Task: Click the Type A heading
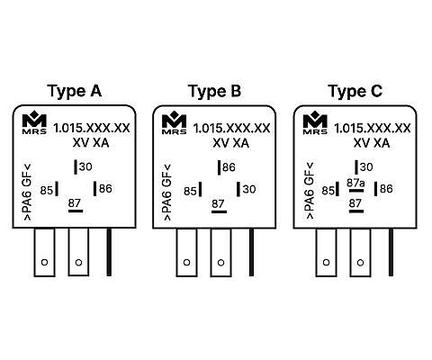pyautogui.click(x=75, y=91)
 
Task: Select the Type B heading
pyautogui.click(x=214, y=91)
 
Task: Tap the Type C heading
pyautogui.click(x=355, y=91)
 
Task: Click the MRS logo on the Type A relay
pyautogui.click(x=34, y=122)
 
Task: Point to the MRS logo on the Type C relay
pyautogui.click(x=315, y=122)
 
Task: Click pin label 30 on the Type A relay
pyautogui.click(x=85, y=166)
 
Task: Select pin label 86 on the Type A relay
pyautogui.click(x=105, y=189)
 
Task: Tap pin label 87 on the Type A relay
pyautogui.click(x=75, y=203)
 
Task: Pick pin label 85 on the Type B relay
pyautogui.click(x=190, y=191)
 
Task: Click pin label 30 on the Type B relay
pyautogui.click(x=249, y=189)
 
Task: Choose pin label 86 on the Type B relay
pyautogui.click(x=229, y=167)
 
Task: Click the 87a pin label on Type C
pyautogui.click(x=355, y=183)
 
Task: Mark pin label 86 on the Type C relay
pyautogui.click(x=386, y=189)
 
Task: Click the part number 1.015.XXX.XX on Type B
pyautogui.click(x=231, y=129)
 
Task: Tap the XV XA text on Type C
pyautogui.click(x=372, y=143)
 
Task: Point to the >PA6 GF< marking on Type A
pyautogui.click(x=27, y=193)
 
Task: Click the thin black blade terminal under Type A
pyautogui.click(x=109, y=252)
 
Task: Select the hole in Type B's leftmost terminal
pyautogui.click(x=186, y=263)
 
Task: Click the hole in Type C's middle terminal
pyautogui.click(x=360, y=263)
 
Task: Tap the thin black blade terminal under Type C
pyautogui.click(x=391, y=252)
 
